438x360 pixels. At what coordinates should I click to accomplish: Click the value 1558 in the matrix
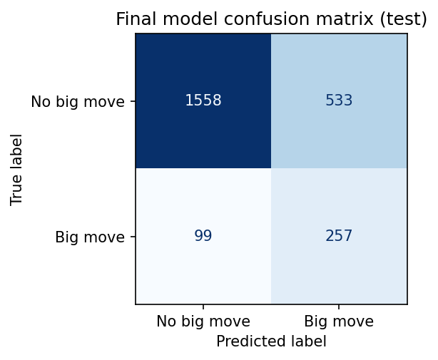(x=203, y=101)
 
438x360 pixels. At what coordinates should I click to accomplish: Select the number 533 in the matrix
(x=339, y=101)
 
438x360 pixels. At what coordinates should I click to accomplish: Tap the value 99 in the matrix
(x=203, y=236)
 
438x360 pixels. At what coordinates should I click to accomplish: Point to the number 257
(x=339, y=236)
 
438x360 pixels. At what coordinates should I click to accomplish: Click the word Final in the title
(x=133, y=19)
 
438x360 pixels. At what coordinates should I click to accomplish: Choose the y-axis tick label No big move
(x=78, y=101)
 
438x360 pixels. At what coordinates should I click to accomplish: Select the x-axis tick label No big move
(x=203, y=322)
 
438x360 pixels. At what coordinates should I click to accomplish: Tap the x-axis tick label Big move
(x=339, y=322)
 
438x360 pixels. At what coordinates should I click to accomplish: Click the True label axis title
(x=17, y=169)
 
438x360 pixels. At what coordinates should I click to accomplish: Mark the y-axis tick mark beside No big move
(x=132, y=101)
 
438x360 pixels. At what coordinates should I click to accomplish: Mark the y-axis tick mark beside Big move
(x=132, y=237)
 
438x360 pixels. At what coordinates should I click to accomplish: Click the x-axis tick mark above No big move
(x=203, y=307)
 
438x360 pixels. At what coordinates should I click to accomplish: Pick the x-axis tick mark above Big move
(x=339, y=307)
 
